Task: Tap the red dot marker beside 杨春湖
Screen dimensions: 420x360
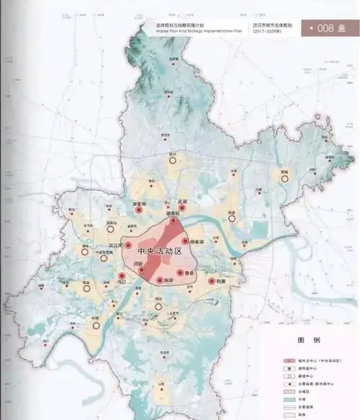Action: (x=185, y=242)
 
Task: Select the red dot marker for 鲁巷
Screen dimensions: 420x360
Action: (x=180, y=273)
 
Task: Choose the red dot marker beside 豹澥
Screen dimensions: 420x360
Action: (x=212, y=282)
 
